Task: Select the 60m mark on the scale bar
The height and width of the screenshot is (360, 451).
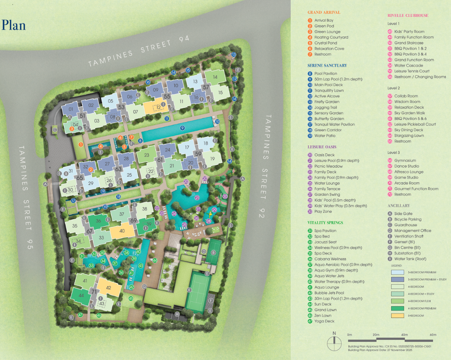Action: tap(433, 335)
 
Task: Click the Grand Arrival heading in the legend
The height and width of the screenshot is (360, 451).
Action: tap(324, 13)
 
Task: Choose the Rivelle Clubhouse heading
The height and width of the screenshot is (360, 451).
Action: tap(408, 16)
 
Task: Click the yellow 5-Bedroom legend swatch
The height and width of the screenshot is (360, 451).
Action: tap(399, 316)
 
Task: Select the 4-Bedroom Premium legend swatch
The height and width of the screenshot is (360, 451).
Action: tap(399, 308)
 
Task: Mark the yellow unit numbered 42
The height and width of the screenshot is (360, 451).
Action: tap(109, 288)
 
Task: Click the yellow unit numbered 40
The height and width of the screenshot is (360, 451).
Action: tap(122, 231)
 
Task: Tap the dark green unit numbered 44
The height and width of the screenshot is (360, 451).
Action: tap(82, 296)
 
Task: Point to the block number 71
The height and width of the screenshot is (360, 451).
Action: tap(93, 292)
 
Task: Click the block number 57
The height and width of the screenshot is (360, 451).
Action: tap(206, 87)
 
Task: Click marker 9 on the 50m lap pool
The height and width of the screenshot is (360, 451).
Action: tap(182, 128)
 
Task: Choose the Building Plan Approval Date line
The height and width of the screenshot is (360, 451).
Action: tap(376, 349)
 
